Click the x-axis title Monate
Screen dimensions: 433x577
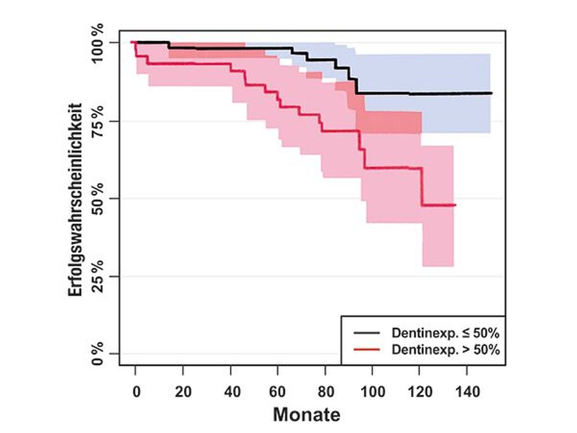click(307, 415)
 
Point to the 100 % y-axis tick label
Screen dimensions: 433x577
click(97, 43)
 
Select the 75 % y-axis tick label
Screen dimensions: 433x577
click(97, 121)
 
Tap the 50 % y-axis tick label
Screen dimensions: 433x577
click(97, 198)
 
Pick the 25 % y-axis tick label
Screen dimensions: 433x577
click(97, 276)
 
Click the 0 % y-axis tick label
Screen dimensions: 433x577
click(97, 354)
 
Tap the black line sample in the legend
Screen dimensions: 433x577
click(367, 332)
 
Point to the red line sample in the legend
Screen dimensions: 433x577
click(367, 350)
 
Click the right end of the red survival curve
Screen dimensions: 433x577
click(455, 205)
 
